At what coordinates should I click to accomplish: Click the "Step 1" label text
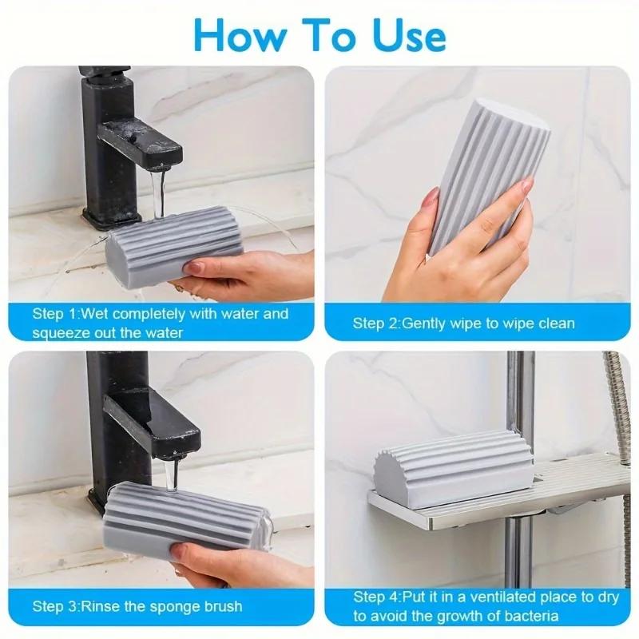56,314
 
